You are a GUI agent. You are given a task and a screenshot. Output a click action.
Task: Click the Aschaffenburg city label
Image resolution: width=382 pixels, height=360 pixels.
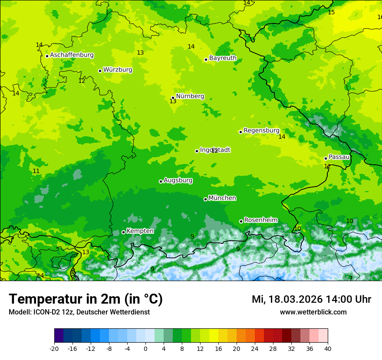click(x=72, y=55)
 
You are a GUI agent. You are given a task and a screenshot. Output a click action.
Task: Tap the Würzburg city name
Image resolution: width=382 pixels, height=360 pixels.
click(x=118, y=70)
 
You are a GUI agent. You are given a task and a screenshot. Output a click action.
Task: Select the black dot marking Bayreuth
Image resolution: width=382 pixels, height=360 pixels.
click(x=206, y=60)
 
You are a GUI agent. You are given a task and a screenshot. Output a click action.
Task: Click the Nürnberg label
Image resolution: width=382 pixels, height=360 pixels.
click(x=190, y=96)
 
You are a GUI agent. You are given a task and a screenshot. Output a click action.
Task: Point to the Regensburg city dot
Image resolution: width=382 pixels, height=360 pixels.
click(x=240, y=132)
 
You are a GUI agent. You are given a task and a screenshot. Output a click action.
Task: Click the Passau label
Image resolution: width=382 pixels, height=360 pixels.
click(x=339, y=157)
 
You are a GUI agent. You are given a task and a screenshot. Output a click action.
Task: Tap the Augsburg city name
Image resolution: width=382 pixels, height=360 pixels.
click(x=178, y=180)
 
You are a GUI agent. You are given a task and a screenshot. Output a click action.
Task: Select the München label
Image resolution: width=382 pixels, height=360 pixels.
click(x=222, y=198)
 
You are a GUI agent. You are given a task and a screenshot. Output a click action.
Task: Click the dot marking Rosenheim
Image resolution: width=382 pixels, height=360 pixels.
click(x=241, y=222)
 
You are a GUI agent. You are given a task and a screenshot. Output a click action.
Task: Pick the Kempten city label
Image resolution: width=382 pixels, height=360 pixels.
click(x=140, y=231)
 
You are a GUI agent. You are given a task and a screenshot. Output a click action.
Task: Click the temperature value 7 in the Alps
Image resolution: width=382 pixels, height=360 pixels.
click(x=350, y=278)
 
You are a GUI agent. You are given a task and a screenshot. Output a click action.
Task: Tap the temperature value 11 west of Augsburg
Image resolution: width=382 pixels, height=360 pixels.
click(x=36, y=171)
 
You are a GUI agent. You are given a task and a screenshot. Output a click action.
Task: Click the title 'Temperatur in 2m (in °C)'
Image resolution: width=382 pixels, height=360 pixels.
click(x=86, y=299)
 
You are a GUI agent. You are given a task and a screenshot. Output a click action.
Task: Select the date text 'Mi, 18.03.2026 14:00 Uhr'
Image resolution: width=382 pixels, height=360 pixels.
click(x=311, y=299)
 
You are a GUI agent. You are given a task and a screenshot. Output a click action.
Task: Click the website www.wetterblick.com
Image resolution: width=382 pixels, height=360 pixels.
click(x=313, y=312)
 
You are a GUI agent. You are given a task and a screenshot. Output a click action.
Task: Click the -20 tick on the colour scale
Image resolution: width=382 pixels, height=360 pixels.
click(x=54, y=349)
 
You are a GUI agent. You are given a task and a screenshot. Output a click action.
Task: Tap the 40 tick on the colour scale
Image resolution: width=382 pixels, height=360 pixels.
click(x=328, y=349)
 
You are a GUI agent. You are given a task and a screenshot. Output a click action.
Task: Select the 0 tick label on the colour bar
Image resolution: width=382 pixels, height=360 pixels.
click(x=145, y=349)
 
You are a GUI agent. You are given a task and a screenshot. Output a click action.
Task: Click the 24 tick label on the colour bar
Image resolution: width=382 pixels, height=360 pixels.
click(x=255, y=349)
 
